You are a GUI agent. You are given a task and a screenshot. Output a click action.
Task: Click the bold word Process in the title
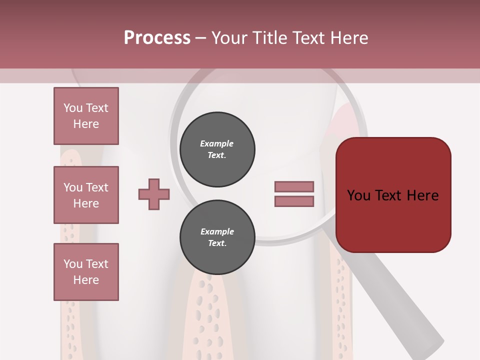pyautogui.click(x=157, y=38)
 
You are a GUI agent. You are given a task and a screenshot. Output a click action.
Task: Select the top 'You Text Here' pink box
pyautogui.click(x=86, y=116)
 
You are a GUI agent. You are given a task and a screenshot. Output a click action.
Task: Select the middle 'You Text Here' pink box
pyautogui.click(x=86, y=195)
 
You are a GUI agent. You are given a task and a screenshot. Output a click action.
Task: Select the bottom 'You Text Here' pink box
pyautogui.click(x=86, y=272)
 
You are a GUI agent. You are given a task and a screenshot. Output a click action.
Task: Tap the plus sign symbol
pyautogui.click(x=154, y=194)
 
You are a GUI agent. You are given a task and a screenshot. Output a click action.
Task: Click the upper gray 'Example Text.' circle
pyautogui.click(x=217, y=149)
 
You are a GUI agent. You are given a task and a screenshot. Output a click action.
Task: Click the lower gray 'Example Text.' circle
pyautogui.click(x=217, y=237)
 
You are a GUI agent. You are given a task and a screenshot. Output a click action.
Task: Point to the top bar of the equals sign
pyautogui.click(x=294, y=186)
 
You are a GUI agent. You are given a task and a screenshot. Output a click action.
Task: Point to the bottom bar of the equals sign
pyautogui.click(x=294, y=201)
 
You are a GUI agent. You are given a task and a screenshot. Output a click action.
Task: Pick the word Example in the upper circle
pyautogui.click(x=217, y=144)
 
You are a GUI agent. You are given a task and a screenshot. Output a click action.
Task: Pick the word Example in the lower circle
pyautogui.click(x=217, y=232)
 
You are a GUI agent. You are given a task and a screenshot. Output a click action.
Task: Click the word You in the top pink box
pyautogui.click(x=73, y=108)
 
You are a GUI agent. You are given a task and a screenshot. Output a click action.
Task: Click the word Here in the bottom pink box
pyautogui.click(x=86, y=280)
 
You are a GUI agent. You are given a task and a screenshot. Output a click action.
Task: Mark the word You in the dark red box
pyautogui.click(x=358, y=195)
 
